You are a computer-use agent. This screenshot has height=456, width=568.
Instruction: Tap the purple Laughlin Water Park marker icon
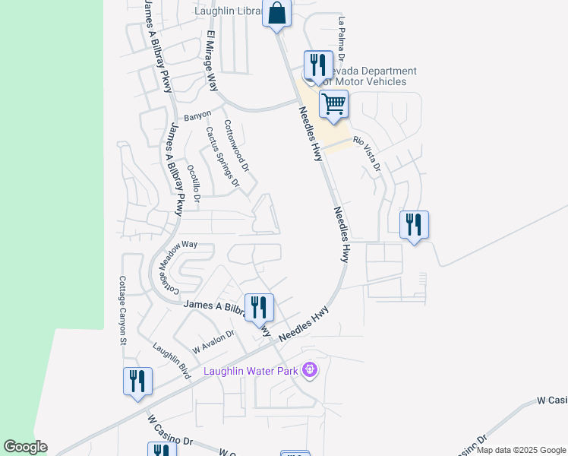click(309, 371)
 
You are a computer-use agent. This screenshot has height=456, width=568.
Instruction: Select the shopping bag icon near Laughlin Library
click(276, 13)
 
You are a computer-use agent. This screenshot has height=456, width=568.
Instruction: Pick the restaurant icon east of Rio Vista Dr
click(414, 224)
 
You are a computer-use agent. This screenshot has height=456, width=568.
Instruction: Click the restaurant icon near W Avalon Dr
click(258, 307)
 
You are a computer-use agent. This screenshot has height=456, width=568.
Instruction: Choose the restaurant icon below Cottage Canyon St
click(137, 381)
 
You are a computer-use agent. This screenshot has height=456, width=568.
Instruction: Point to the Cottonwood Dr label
click(236, 144)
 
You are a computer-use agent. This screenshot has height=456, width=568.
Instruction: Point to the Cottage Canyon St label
click(122, 310)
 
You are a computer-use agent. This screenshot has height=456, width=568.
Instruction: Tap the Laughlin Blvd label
click(170, 360)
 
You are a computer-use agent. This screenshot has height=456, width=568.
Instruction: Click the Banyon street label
click(197, 117)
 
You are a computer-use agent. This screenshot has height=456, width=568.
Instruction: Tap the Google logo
click(25, 447)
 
